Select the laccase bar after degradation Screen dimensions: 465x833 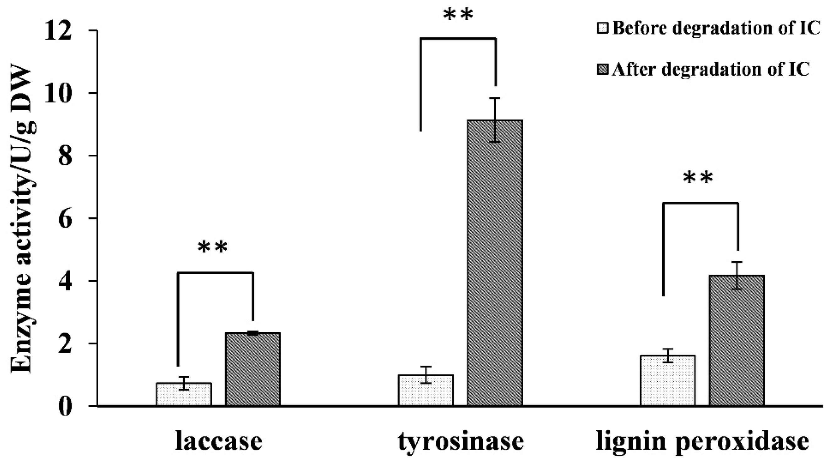(x=253, y=369)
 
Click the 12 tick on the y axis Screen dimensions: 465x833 (x=57, y=31)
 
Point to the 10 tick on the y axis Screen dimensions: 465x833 (x=57, y=93)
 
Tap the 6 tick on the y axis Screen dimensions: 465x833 (x=65, y=219)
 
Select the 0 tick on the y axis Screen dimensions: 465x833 (x=65, y=407)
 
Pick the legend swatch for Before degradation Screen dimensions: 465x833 (x=603, y=28)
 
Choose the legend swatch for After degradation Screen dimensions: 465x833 (x=603, y=69)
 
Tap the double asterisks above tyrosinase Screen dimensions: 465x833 (x=458, y=15)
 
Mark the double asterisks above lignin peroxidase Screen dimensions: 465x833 (x=698, y=178)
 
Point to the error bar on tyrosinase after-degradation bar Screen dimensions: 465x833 (x=495, y=120)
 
